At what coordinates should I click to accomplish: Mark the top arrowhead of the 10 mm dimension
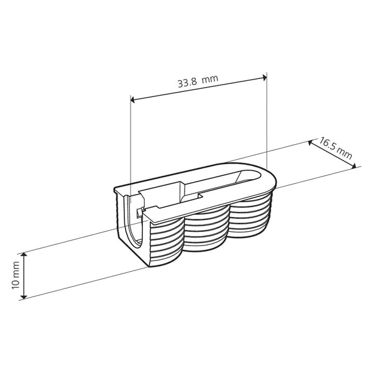pos(24,256)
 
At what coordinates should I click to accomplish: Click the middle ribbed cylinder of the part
pos(207,233)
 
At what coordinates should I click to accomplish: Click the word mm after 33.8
pos(213,80)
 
